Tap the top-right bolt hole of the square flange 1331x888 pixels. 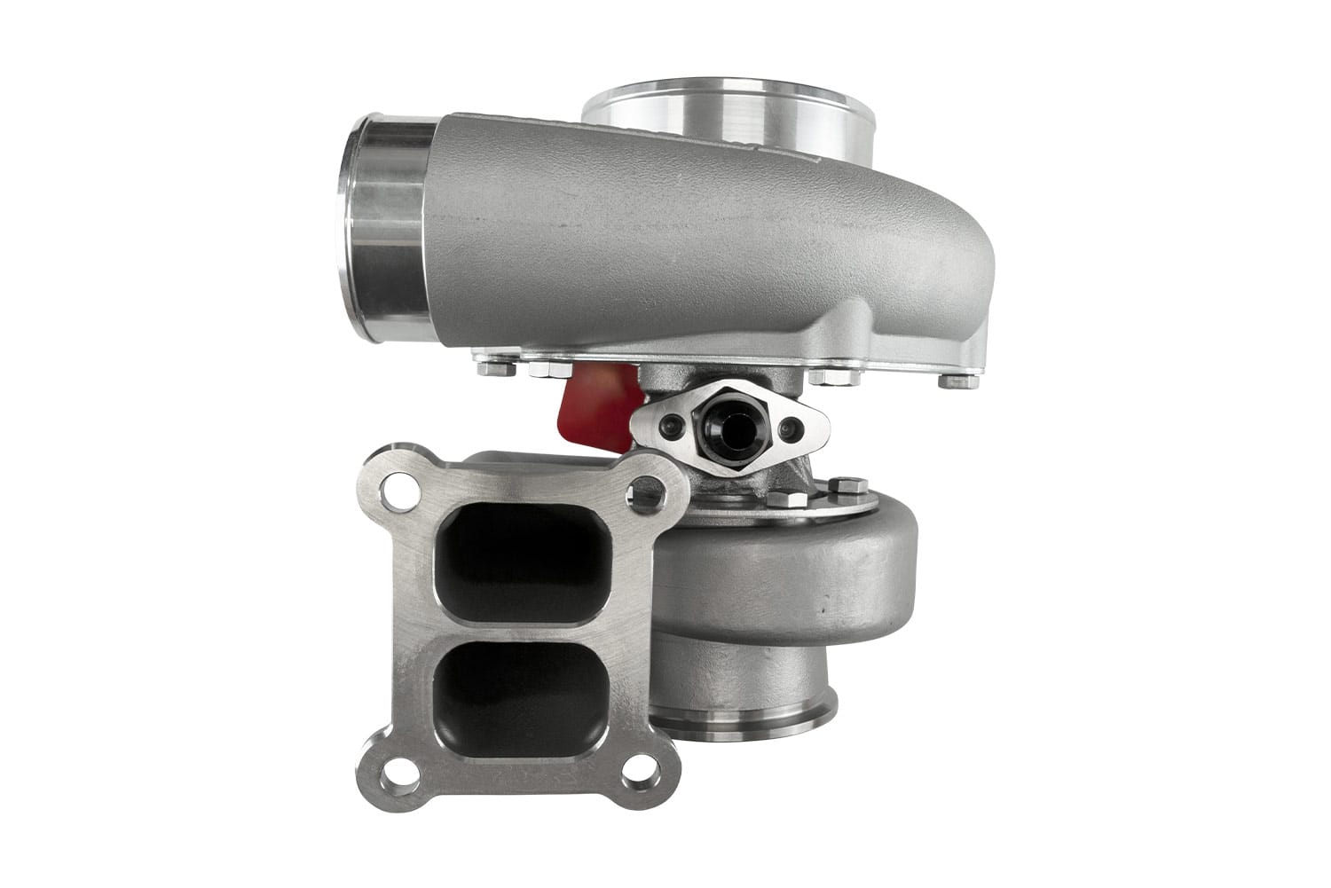(647, 491)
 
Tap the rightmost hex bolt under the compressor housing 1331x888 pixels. (958, 381)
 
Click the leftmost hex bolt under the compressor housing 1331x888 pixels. (495, 365)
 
